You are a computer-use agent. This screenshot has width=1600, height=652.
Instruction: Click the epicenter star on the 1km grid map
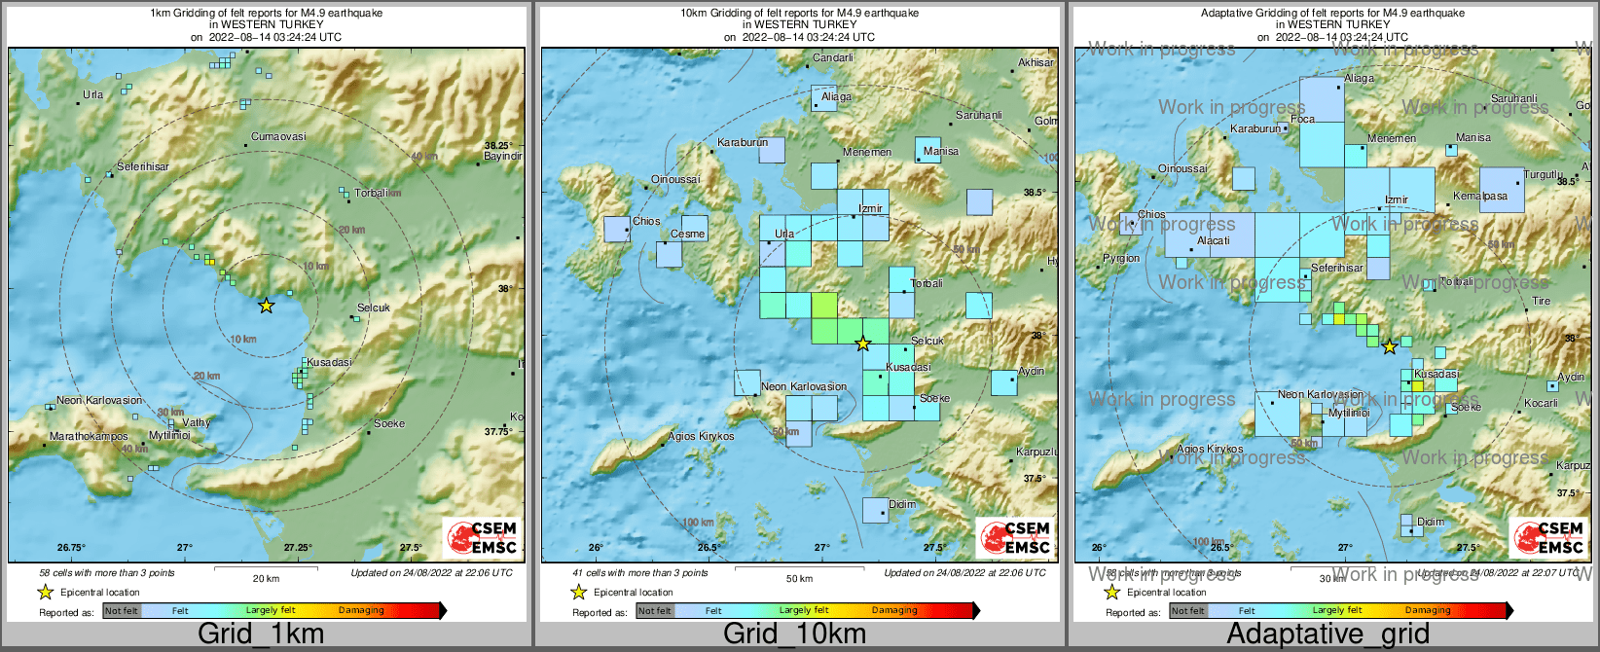coord(266,306)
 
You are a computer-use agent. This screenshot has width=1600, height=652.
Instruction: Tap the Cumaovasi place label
coord(278,137)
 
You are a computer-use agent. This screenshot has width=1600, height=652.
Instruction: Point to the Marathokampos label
coord(89,437)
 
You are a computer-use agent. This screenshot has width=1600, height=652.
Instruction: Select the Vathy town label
coord(197,423)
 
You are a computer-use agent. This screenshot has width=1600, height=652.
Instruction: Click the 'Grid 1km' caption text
coord(261,634)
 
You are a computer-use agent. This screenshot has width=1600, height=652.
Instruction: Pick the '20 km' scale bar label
coord(266,578)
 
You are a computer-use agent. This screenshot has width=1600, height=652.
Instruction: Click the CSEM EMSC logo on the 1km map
coord(481,537)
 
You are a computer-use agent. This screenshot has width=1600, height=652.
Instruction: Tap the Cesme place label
coord(687,235)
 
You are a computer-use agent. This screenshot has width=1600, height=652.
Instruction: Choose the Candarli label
coord(833,58)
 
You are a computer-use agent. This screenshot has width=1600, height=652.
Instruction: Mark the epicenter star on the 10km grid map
coord(862,344)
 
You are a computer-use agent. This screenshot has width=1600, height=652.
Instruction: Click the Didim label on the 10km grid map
coord(902,505)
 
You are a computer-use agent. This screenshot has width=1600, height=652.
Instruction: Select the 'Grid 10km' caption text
coord(794,634)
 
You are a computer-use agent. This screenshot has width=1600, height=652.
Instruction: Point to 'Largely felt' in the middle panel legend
coord(804,611)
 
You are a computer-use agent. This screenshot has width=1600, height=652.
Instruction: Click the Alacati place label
coord(1214,241)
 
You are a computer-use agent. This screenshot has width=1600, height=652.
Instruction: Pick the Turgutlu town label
coord(1544,175)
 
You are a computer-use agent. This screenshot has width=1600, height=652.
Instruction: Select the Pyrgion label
coord(1121,259)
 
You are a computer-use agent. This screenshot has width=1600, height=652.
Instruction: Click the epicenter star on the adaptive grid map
coord(1390,346)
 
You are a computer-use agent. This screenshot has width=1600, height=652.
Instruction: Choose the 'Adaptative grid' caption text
coord(1327,634)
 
